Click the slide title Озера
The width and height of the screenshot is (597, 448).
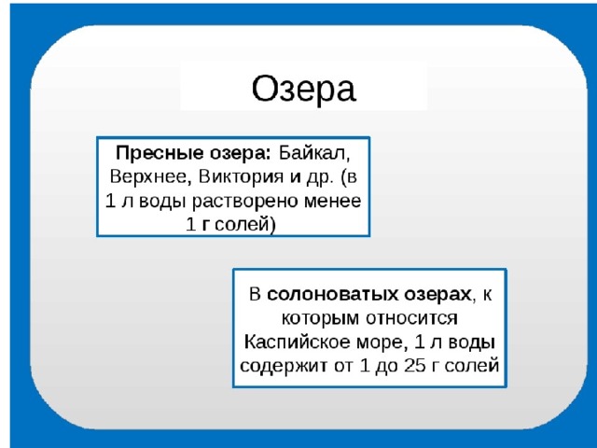click(x=304, y=89)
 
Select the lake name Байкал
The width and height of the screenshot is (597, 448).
click(x=314, y=153)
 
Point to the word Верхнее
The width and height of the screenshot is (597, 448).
click(x=148, y=176)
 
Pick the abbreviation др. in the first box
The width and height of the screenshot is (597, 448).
click(x=320, y=177)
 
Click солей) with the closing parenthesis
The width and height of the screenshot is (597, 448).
click(x=244, y=224)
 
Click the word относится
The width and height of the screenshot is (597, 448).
click(x=412, y=318)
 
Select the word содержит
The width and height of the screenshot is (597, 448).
click(x=284, y=366)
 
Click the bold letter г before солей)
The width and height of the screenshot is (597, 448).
click(x=206, y=225)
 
